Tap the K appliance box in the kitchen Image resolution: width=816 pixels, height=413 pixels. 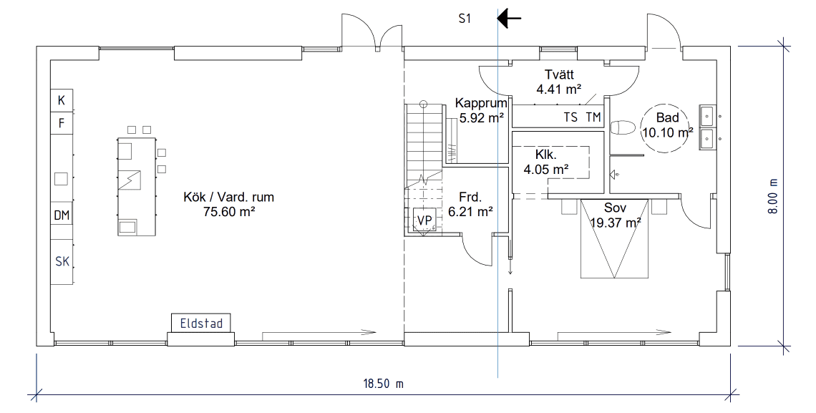(x=62, y=100)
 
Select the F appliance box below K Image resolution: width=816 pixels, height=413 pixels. (x=62, y=122)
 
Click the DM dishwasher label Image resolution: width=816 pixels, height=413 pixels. (x=62, y=215)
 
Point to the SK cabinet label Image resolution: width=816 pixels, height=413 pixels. (x=62, y=261)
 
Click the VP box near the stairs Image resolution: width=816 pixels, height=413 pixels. (x=424, y=220)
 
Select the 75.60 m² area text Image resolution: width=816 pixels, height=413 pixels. (x=229, y=211)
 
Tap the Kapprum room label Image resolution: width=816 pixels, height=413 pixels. (x=481, y=104)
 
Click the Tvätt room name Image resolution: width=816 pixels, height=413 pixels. (x=559, y=75)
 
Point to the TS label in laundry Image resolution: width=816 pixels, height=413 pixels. (x=570, y=117)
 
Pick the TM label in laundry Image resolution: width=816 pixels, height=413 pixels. (x=593, y=117)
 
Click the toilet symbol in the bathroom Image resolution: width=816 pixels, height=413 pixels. (x=623, y=128)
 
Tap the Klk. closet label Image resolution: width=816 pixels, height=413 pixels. (x=546, y=155)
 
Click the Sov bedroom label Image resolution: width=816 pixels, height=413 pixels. (x=615, y=208)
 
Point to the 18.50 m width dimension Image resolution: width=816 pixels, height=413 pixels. (x=384, y=384)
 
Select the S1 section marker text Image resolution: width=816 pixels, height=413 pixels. (x=465, y=19)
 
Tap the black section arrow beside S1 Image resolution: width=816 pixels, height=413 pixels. (x=510, y=19)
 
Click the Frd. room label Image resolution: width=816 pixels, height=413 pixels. (x=470, y=198)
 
